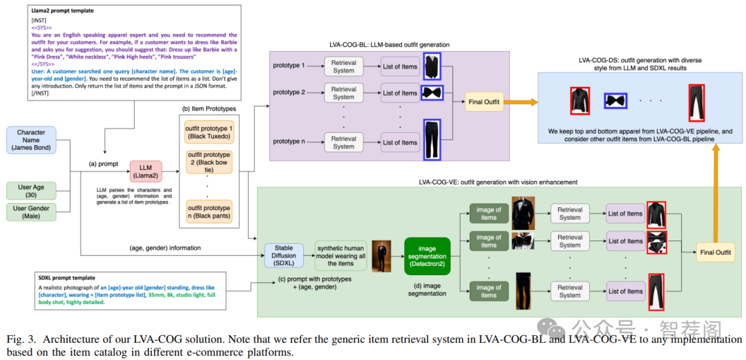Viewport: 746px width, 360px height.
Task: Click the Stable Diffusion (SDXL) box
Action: (x=284, y=255)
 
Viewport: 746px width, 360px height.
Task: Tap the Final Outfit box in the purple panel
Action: (x=484, y=102)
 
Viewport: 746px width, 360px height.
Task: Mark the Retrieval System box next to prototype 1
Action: (x=343, y=67)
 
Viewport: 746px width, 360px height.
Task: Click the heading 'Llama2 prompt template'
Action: (x=64, y=11)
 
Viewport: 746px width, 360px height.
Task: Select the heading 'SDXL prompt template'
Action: (x=67, y=277)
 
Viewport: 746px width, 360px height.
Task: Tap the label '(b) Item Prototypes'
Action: (x=208, y=108)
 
